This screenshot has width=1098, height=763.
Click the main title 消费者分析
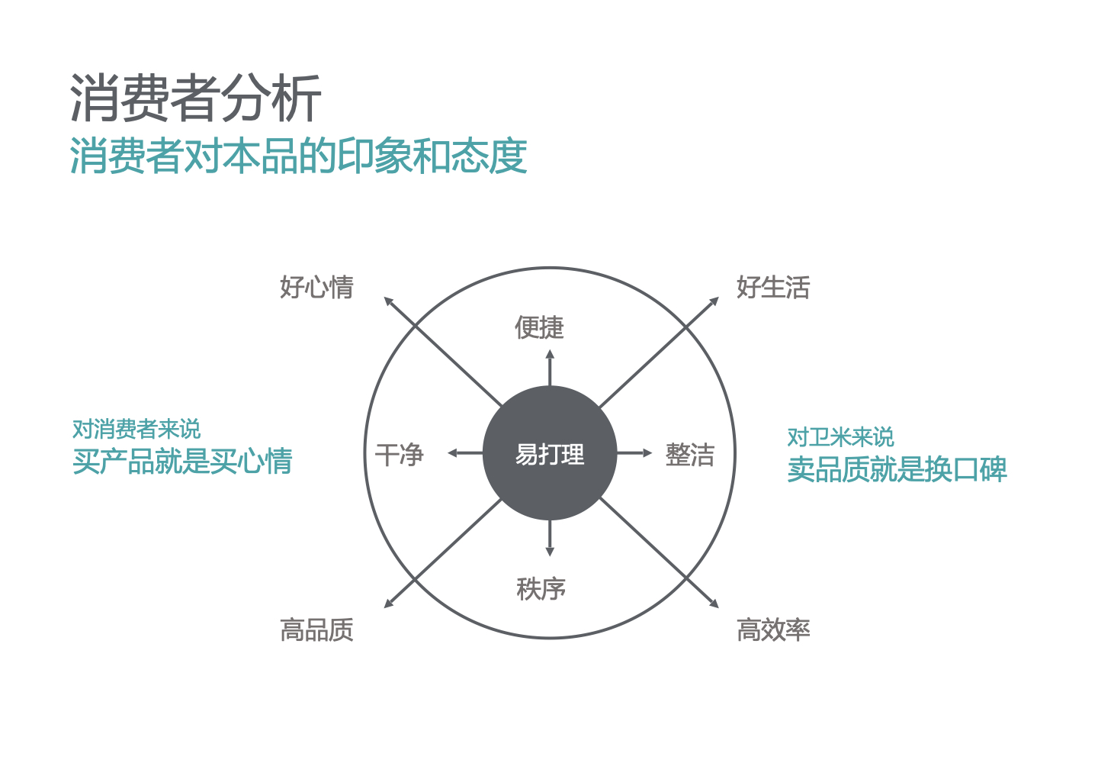click(x=195, y=98)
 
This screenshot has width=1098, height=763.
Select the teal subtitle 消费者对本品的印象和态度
click(x=299, y=156)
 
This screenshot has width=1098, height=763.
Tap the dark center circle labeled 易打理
click(x=550, y=452)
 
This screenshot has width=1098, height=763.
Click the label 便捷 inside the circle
click(x=539, y=327)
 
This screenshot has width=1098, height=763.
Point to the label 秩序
click(x=541, y=589)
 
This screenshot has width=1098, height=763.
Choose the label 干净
click(x=399, y=455)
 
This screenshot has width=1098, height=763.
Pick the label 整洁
click(x=689, y=455)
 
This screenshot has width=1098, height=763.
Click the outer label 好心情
click(x=316, y=288)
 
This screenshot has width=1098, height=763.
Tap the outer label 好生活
click(x=773, y=288)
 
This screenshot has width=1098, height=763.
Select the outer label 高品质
click(x=316, y=630)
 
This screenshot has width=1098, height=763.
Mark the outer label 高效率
click(x=773, y=630)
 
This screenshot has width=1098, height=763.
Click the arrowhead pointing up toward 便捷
click(x=550, y=353)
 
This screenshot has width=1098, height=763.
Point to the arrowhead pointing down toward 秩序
click(x=550, y=552)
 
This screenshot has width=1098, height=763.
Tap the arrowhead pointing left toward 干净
click(x=452, y=453)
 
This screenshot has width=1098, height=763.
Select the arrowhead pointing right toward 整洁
click(x=647, y=453)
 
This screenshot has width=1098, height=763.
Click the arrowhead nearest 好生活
click(x=714, y=301)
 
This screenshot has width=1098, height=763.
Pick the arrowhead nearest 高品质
click(x=388, y=604)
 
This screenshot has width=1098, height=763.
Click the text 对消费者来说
click(x=136, y=429)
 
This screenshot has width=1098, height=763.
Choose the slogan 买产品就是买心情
click(x=182, y=462)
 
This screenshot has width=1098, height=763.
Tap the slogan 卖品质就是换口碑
click(x=897, y=469)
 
